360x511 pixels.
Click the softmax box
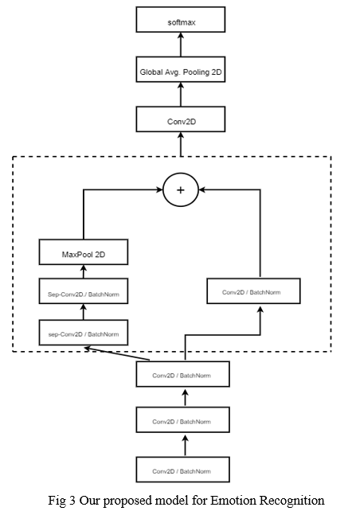[x=180, y=20]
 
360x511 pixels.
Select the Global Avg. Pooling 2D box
[x=180, y=70]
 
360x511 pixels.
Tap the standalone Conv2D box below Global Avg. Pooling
[x=180, y=119]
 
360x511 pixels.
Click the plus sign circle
[x=180, y=189]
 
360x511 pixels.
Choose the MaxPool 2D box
[x=84, y=252]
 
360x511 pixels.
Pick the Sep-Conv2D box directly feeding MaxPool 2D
[x=84, y=291]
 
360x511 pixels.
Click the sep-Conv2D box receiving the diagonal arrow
[x=84, y=333]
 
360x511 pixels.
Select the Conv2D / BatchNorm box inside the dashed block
[x=253, y=291]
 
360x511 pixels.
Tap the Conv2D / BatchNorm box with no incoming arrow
[x=182, y=470]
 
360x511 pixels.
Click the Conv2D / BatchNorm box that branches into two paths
[x=182, y=374]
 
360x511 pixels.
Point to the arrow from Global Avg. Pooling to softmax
[x=181, y=45]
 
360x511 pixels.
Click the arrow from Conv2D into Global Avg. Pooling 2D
[x=181, y=95]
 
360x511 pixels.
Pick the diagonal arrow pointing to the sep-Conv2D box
[x=117, y=354]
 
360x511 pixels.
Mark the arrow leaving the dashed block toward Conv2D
[x=181, y=144]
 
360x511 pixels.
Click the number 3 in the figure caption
[x=72, y=500]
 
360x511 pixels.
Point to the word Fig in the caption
[x=57, y=501]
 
